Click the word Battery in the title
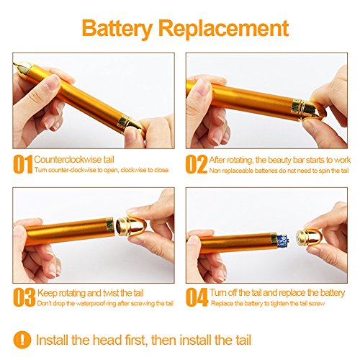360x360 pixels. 117,29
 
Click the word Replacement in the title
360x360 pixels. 223,28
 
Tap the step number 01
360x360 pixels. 23,164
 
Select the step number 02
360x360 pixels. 197,164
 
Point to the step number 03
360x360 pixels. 24,297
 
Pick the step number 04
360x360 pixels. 197,297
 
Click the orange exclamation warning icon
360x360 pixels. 22,340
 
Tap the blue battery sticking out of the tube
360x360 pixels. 283,240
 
